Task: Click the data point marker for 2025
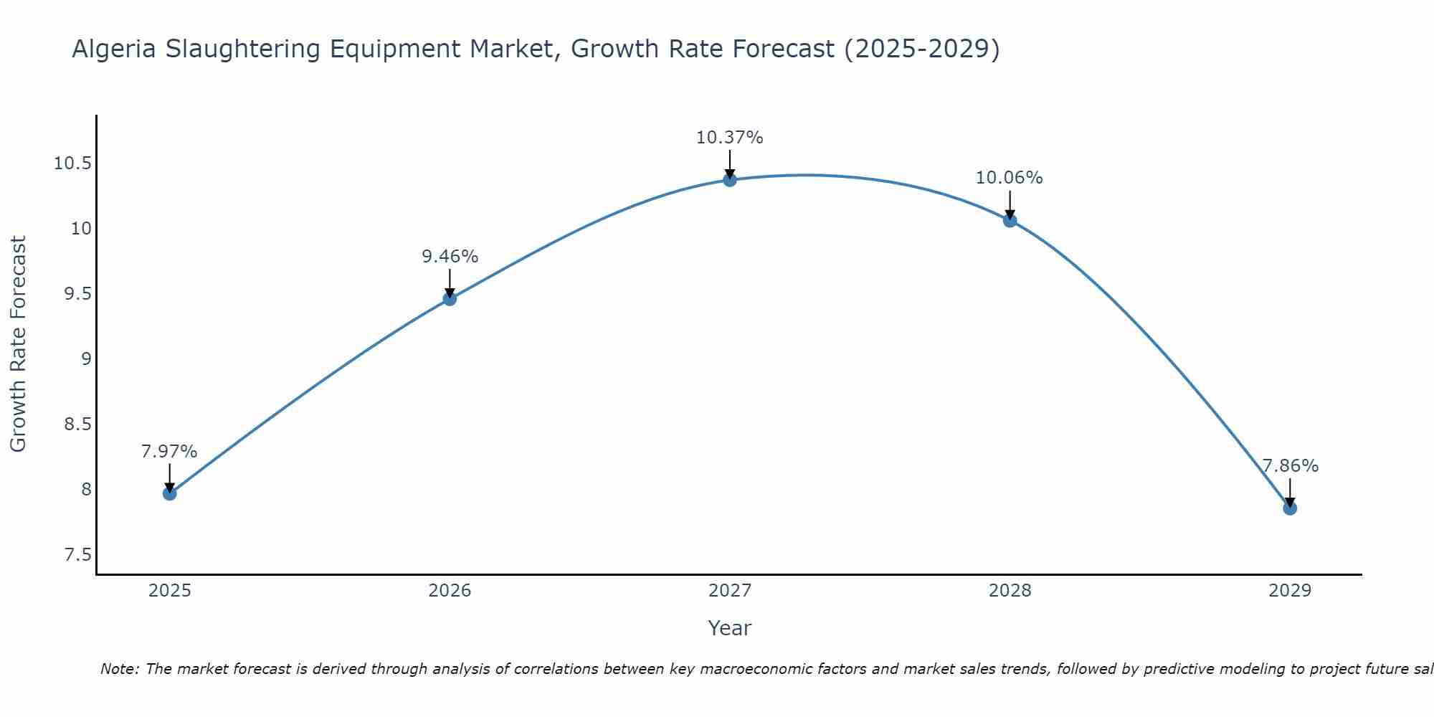point(169,493)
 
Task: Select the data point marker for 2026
point(450,298)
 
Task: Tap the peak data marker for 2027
point(730,179)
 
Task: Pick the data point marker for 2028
point(1010,220)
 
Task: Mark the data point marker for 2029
point(1290,508)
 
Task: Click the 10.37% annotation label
point(730,138)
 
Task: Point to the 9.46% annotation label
point(450,257)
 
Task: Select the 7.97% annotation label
point(169,452)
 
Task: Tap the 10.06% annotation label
point(1010,178)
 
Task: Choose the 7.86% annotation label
point(1290,466)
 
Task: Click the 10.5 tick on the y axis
point(72,163)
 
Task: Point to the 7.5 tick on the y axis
point(77,555)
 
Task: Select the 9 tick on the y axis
point(86,359)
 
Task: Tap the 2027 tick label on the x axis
point(730,591)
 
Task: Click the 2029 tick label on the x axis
point(1290,591)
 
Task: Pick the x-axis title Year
point(730,628)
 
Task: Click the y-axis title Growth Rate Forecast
point(19,344)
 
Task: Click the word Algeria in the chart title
point(115,49)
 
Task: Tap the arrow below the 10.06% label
point(1010,204)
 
